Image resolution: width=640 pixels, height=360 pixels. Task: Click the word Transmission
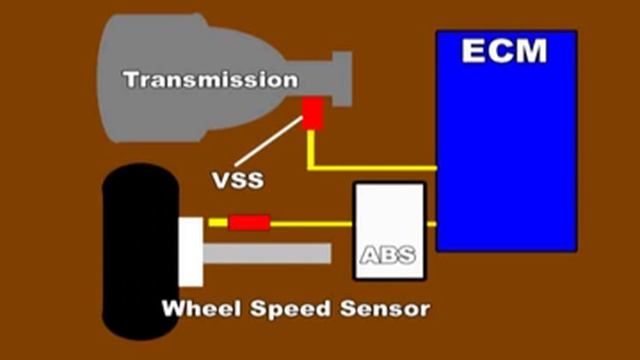click(x=209, y=78)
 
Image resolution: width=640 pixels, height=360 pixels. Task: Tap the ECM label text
click(x=506, y=51)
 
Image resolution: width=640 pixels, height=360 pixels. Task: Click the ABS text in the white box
click(x=388, y=257)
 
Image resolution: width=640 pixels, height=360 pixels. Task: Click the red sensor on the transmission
click(x=313, y=114)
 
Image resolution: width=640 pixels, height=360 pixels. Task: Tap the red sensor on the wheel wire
click(x=249, y=222)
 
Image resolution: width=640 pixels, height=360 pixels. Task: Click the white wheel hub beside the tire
click(x=190, y=250)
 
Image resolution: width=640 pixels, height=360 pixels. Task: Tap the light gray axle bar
click(x=266, y=253)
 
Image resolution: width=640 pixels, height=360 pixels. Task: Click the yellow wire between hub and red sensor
click(x=216, y=222)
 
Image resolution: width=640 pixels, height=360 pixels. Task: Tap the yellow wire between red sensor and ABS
click(x=310, y=222)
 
